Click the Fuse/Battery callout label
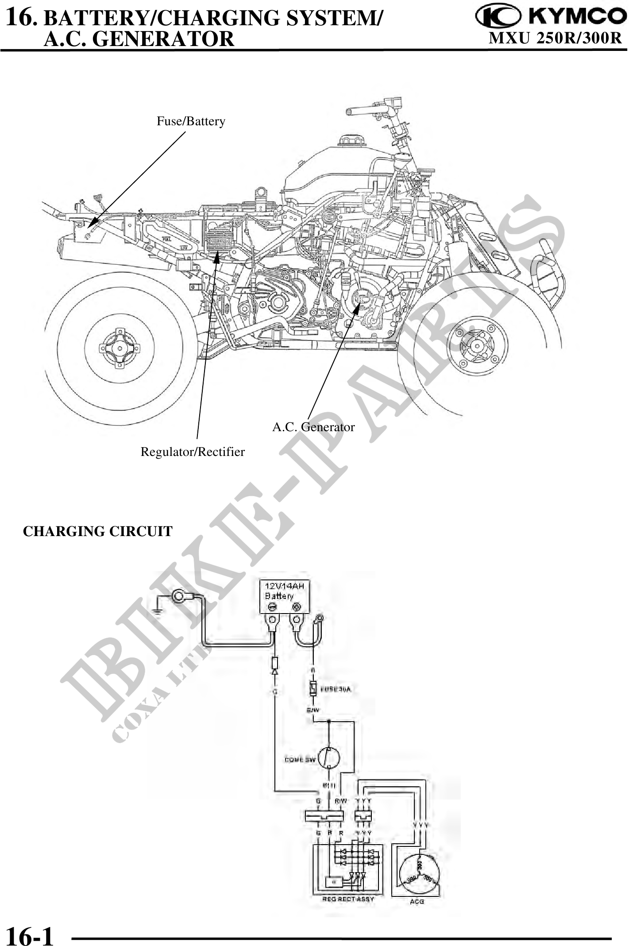(191, 121)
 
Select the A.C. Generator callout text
(313, 427)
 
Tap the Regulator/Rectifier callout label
(193, 452)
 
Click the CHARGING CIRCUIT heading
(97, 531)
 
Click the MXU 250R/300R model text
(555, 39)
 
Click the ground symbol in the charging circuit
(156, 611)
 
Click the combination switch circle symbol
(329, 759)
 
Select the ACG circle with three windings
(418, 875)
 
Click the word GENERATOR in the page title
(164, 39)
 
